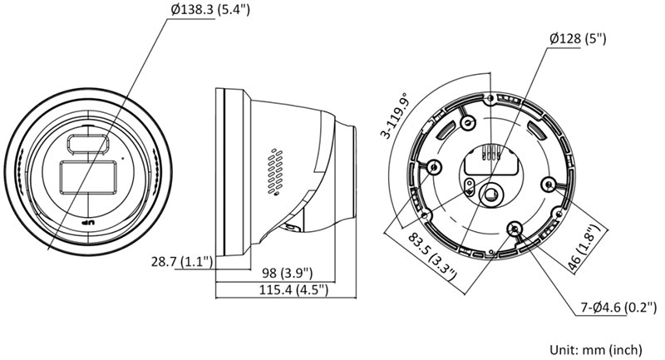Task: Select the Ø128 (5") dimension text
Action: click(x=578, y=38)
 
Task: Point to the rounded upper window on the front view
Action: click(x=86, y=144)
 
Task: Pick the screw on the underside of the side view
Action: click(x=291, y=224)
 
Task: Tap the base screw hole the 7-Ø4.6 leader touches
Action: click(x=515, y=228)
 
